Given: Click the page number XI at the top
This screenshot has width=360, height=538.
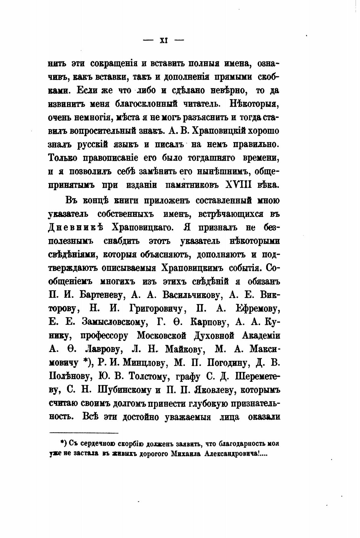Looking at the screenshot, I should point(164,40).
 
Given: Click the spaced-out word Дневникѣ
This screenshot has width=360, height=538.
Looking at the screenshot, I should point(76,228).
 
